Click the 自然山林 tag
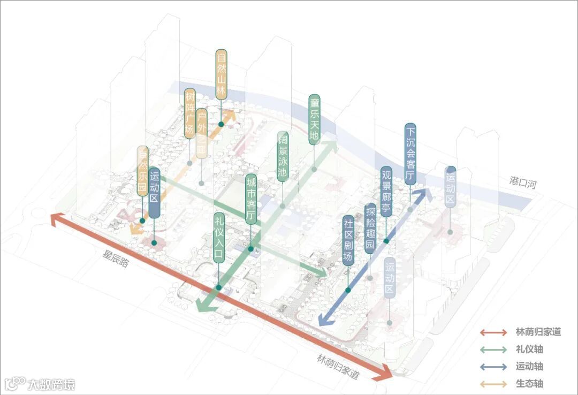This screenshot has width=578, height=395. tap(222, 74)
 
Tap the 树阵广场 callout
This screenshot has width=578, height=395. tap(189, 113)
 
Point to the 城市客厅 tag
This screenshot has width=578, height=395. tap(250, 199)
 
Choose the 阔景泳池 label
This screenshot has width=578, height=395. tap(283, 156)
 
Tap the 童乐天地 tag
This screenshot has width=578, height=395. tap(315, 119)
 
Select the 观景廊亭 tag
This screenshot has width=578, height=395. tap(386, 191)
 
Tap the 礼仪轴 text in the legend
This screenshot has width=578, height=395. tap(530, 349)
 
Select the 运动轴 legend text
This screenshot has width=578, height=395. tap(530, 367)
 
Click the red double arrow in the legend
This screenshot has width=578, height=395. tap(493, 332)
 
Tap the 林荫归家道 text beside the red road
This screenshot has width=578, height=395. tap(338, 367)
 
